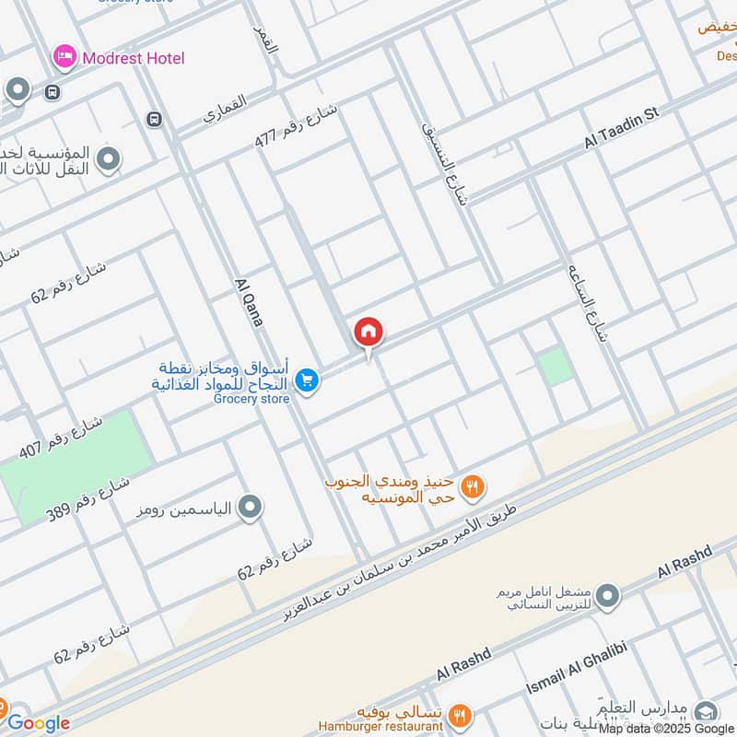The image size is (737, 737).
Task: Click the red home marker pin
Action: (368, 332)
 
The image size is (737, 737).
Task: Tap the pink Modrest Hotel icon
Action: (64, 58)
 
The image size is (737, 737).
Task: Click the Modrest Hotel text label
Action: (134, 58)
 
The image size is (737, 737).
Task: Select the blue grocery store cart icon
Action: (308, 380)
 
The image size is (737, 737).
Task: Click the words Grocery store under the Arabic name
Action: (252, 399)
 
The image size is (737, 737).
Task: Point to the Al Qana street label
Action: (250, 302)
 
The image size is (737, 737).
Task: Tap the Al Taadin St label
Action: (623, 129)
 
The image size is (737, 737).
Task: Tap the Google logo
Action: (39, 723)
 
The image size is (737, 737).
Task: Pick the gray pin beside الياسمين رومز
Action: (249, 507)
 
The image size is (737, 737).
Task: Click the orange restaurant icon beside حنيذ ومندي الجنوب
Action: (473, 486)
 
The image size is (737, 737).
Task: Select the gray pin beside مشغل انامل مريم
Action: (606, 599)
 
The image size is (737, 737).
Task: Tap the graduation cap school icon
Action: (706, 712)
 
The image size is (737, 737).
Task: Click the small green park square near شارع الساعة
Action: (556, 367)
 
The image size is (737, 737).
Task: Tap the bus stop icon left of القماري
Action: (153, 120)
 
